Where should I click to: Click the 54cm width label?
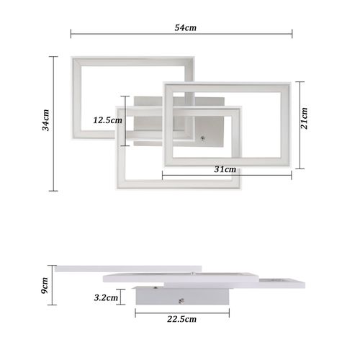click(186, 28)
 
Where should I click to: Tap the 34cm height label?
click(45, 123)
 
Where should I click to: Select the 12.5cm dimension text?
click(107, 120)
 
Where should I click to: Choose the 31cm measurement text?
click(225, 169)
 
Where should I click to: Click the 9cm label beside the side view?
click(45, 287)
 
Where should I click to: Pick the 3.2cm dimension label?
click(106, 296)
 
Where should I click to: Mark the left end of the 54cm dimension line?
click(71, 33)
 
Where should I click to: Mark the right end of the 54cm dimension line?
click(292, 33)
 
